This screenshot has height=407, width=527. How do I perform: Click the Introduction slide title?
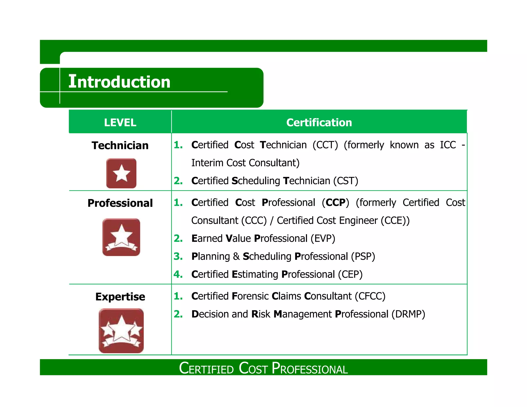tap(119, 82)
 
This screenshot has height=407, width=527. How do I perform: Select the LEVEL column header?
tap(120, 122)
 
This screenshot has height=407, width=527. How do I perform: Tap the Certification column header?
tap(319, 122)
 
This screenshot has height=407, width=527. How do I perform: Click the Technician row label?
tap(120, 145)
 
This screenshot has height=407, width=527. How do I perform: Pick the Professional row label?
tap(120, 203)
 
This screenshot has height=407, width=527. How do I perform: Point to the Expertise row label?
tap(120, 297)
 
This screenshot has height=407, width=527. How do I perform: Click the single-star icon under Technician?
tap(121, 173)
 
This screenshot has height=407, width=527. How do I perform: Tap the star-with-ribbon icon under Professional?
tap(121, 237)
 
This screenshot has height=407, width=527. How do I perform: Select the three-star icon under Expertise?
tap(121, 331)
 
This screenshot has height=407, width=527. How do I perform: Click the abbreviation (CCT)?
tap(325, 145)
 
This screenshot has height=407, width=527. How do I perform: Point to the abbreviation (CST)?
tap(346, 181)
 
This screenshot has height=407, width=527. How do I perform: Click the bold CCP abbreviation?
tap(336, 202)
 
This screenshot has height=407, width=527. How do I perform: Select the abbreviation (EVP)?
tap(323, 238)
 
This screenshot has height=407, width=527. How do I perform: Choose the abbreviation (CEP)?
tap(350, 275)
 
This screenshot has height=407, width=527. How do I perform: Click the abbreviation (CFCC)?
tap(370, 296)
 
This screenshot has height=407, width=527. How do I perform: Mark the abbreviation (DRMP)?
tap(408, 314)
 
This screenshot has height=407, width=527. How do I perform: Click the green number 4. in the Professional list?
tap(178, 274)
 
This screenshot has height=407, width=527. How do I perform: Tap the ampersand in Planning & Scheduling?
tap(236, 256)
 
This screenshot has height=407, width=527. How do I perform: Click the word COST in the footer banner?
tap(253, 368)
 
